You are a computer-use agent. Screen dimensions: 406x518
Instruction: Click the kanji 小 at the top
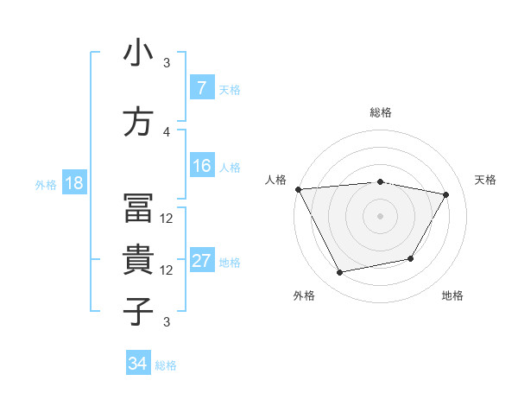point(138,54)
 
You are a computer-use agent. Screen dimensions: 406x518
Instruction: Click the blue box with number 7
point(202,88)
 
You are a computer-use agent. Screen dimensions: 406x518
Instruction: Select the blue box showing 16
point(202,166)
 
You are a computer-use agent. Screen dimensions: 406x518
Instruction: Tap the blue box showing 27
point(202,261)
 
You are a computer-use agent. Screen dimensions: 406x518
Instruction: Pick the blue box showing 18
point(73,183)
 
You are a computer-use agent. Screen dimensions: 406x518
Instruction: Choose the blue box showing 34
point(138,364)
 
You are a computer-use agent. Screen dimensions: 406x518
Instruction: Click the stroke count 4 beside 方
point(167,131)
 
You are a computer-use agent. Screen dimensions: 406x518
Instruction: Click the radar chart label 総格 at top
point(380,112)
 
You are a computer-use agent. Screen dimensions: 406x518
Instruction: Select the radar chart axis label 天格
point(485,180)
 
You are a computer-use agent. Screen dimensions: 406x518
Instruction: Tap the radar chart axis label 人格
point(275,180)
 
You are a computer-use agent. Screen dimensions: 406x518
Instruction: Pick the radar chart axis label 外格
point(304,296)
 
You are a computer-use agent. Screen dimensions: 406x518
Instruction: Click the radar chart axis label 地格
point(452,296)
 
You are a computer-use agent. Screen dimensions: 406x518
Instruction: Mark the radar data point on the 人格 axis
point(298,189)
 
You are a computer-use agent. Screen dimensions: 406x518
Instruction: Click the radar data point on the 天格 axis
point(445,194)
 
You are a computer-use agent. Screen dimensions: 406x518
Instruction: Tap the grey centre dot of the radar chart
point(380,215)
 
